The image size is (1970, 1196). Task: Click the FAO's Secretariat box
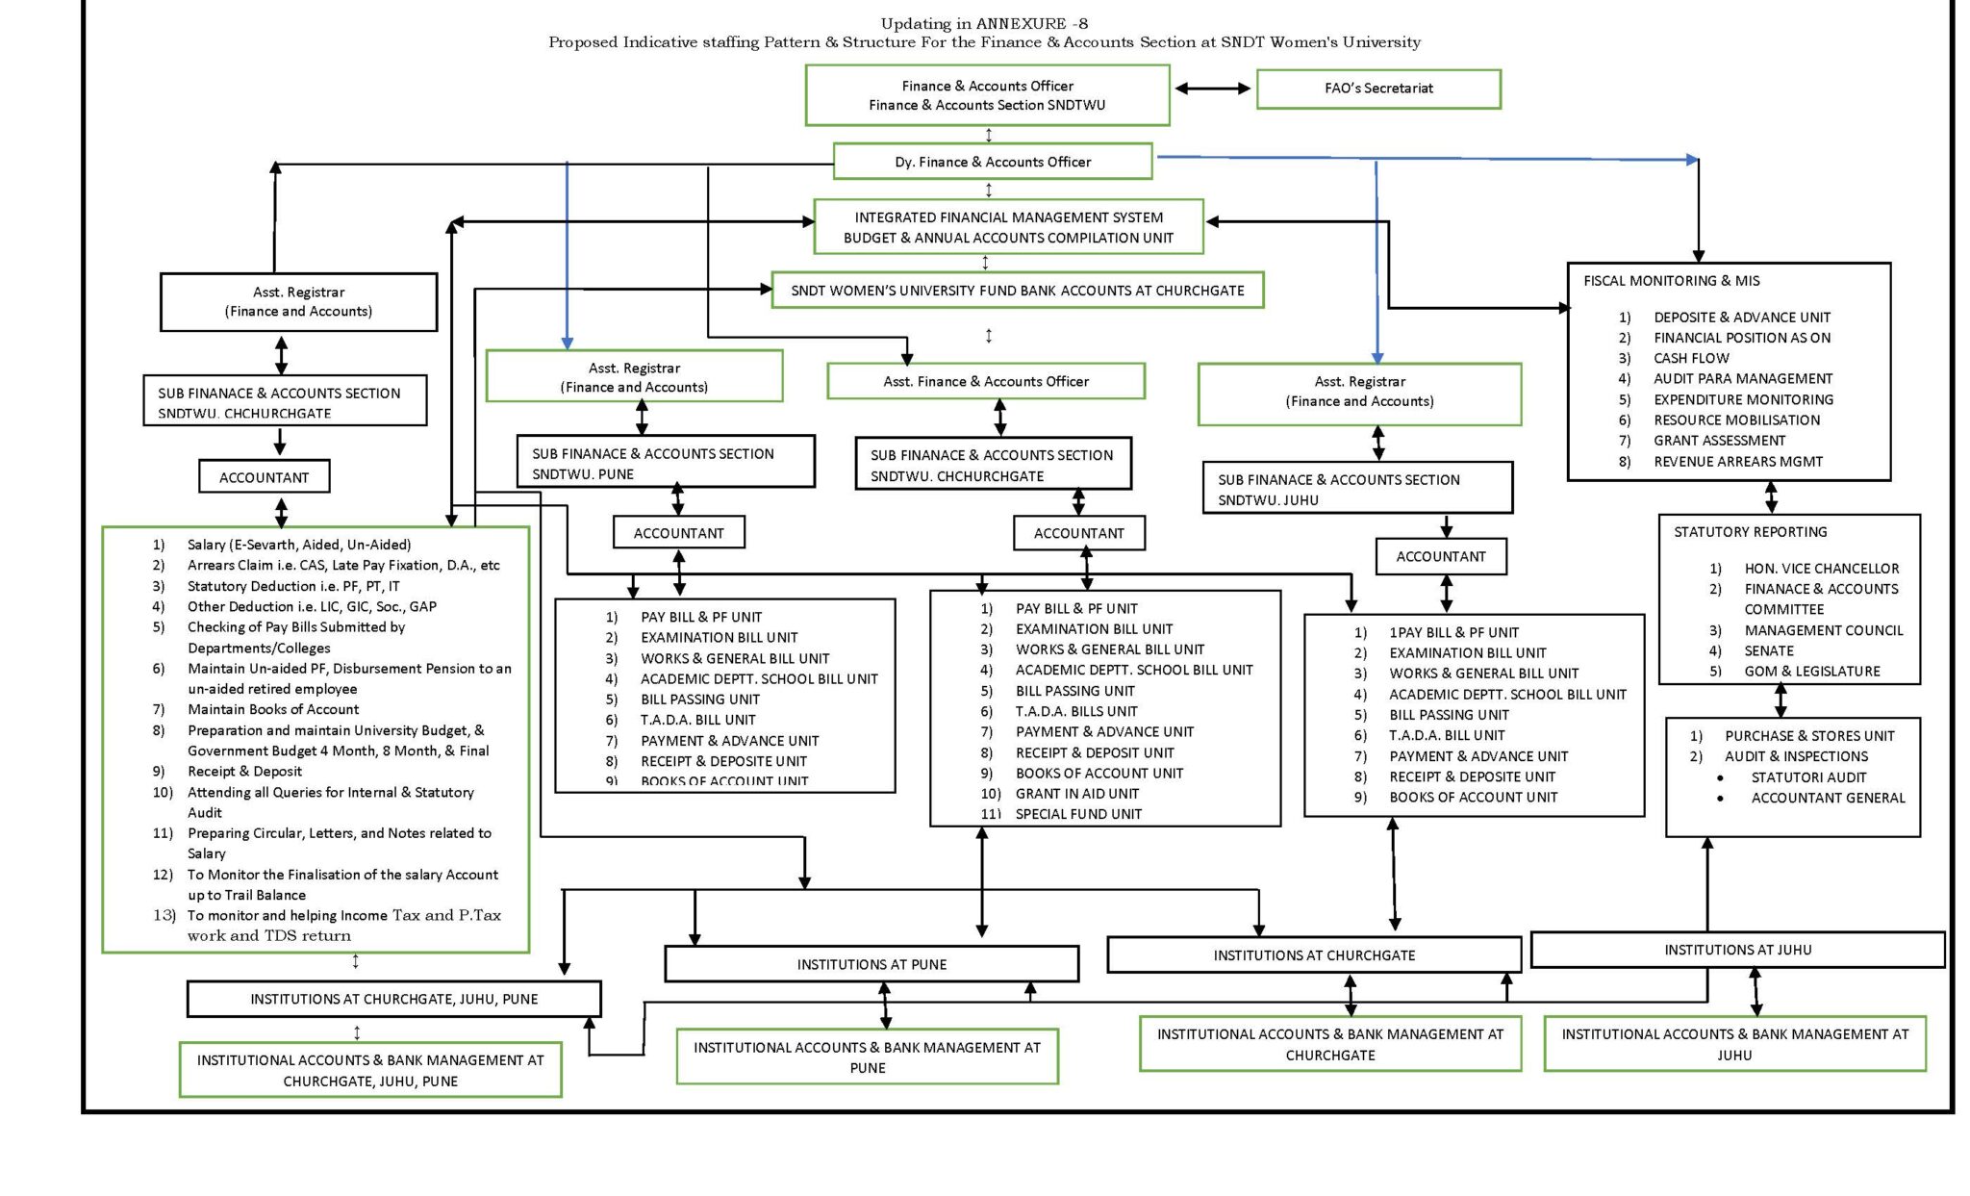coord(1377,89)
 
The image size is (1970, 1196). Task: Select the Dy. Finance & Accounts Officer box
coord(992,162)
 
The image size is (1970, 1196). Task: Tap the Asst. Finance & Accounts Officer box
coord(985,381)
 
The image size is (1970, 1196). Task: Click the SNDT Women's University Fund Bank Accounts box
coord(1017,291)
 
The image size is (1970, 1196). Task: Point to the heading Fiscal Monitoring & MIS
coord(1671,281)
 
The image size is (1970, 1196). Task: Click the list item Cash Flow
coord(1691,358)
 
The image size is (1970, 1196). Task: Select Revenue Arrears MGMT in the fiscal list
coord(1737,462)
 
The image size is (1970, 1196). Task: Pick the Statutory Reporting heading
coord(1750,532)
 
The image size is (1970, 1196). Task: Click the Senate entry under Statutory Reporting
coord(1768,651)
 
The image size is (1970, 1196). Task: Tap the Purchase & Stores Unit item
coord(1808,736)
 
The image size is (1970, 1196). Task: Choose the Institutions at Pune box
coord(871,964)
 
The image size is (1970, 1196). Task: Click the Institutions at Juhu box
coord(1737,950)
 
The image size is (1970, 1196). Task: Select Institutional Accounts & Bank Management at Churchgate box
coord(1329,1044)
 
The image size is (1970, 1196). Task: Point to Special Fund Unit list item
coord(1078,814)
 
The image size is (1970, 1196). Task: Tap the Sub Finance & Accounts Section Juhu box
coord(1356,489)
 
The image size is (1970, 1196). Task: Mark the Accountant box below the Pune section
coord(678,533)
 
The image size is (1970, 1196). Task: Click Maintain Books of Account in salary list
coord(272,709)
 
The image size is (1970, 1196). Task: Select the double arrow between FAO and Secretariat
coord(1212,89)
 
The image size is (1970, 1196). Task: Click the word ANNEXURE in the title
coord(1021,23)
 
